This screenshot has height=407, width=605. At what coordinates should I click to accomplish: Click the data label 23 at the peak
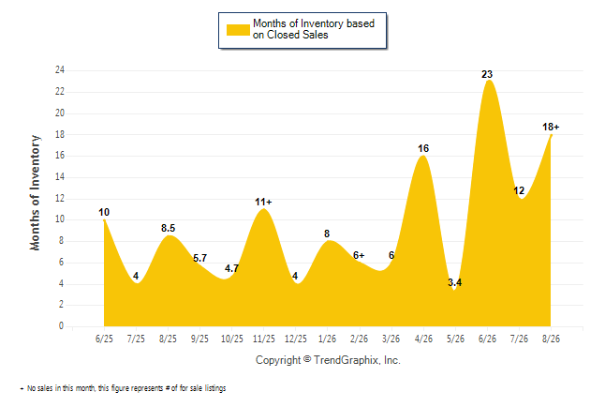click(x=487, y=74)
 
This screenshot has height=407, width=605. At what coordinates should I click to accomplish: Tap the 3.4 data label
click(x=454, y=282)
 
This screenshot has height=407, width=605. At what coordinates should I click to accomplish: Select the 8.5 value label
click(x=169, y=228)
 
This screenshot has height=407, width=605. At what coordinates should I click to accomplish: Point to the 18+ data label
click(x=551, y=127)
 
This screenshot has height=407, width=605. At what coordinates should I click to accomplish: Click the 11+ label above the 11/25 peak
click(x=263, y=202)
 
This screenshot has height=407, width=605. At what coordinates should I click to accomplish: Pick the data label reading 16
click(x=423, y=148)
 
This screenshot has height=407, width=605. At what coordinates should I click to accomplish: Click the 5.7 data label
click(x=199, y=258)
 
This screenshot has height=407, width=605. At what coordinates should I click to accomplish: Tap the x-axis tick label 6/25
click(x=104, y=339)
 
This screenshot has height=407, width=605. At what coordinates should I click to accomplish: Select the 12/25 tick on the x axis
click(x=296, y=339)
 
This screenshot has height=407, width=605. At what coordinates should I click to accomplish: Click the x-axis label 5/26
click(x=455, y=339)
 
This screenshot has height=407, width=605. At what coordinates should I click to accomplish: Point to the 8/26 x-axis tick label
click(x=551, y=339)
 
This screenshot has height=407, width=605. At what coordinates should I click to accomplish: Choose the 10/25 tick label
click(x=232, y=339)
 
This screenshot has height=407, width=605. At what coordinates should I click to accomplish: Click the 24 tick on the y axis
click(x=60, y=70)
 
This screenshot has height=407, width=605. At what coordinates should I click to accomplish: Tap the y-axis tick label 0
click(x=61, y=325)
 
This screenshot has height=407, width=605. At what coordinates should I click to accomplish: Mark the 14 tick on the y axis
click(x=60, y=177)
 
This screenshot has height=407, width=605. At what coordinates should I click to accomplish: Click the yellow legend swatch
click(x=238, y=30)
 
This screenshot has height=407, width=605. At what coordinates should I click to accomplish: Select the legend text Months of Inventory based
click(x=314, y=23)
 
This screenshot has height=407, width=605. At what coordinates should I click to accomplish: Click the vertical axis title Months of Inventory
click(x=35, y=192)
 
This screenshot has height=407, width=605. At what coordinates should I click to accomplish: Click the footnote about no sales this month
click(x=123, y=388)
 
